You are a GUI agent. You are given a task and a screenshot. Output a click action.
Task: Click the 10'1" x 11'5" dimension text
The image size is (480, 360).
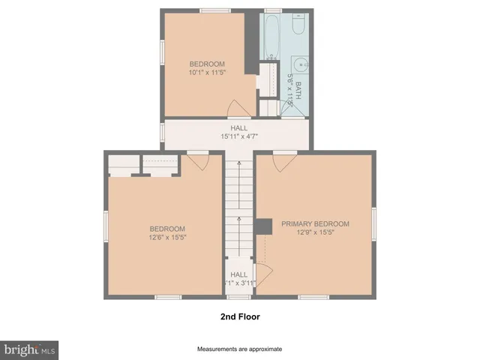(207, 72)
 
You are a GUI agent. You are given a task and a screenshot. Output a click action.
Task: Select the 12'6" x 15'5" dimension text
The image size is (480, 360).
(167, 238)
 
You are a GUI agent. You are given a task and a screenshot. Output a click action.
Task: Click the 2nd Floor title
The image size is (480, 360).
(240, 316)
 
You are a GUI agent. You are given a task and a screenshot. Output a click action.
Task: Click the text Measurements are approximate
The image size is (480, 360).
(240, 349)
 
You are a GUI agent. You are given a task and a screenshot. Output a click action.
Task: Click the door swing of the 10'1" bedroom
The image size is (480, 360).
(234, 109)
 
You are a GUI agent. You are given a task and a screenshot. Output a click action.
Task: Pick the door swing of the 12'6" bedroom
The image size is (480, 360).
(197, 161)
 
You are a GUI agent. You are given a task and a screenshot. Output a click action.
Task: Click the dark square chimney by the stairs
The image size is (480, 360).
(263, 226)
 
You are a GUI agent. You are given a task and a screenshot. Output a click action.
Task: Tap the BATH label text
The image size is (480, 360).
(297, 90)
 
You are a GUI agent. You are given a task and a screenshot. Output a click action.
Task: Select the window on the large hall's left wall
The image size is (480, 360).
(163, 132)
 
